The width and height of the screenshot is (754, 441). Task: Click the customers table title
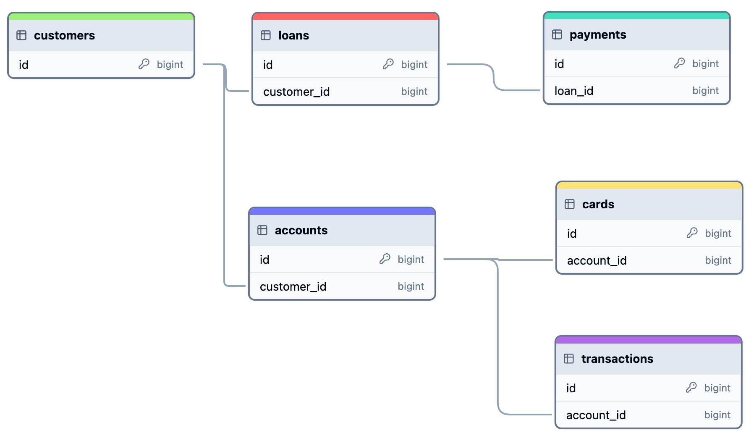click(x=64, y=36)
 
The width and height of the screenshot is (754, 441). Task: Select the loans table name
click(x=293, y=36)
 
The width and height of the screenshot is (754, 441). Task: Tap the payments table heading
click(x=597, y=35)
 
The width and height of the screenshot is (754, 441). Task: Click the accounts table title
click(x=301, y=231)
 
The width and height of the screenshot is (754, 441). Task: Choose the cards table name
click(x=598, y=205)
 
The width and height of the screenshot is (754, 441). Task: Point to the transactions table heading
click(x=617, y=359)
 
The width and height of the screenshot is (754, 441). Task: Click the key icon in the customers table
click(x=144, y=64)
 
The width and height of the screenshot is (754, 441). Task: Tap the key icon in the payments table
click(x=679, y=63)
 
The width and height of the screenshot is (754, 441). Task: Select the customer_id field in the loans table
click(x=296, y=92)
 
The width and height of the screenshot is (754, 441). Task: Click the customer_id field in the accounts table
click(x=293, y=286)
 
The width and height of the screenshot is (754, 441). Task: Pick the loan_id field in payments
click(x=573, y=91)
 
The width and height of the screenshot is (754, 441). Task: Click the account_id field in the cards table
click(x=597, y=260)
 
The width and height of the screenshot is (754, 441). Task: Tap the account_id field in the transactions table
click(x=596, y=415)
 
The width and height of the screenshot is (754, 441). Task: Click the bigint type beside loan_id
click(x=705, y=91)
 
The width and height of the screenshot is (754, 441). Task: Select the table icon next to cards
click(x=570, y=205)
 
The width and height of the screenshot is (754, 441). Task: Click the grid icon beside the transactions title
click(x=569, y=359)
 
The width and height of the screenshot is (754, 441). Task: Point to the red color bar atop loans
click(x=345, y=17)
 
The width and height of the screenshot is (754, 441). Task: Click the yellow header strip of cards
click(x=649, y=186)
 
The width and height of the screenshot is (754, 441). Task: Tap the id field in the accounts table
click(x=264, y=260)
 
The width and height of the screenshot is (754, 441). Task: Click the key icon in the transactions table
click(x=691, y=387)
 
